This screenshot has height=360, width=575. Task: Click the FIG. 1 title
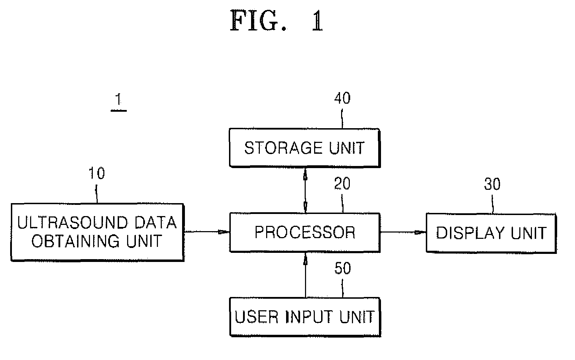[x=276, y=21]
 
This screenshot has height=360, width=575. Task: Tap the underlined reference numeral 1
[x=119, y=102]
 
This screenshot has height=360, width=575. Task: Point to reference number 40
[x=342, y=98]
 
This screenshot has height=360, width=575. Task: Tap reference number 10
[x=97, y=173]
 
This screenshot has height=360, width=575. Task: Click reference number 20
[x=342, y=184]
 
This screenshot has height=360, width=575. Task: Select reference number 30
[x=492, y=184]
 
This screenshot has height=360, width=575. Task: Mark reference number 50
[x=343, y=268]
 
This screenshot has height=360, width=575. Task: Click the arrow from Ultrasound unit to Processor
[x=207, y=232]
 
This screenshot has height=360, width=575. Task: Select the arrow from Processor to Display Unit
[x=403, y=233]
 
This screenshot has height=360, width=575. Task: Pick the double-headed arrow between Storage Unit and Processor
[x=305, y=190]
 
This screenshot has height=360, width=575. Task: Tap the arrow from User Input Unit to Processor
[x=305, y=275]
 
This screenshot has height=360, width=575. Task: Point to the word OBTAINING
[x=76, y=241]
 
